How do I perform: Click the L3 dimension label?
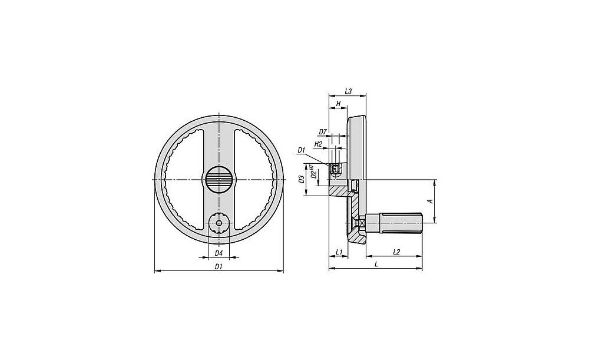(x=348, y=91)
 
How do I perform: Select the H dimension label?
(x=338, y=103)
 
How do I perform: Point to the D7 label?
(x=323, y=132)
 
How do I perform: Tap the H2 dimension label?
(x=318, y=144)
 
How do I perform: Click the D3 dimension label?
(x=301, y=180)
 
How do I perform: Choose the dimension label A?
(x=431, y=201)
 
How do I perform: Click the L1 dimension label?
(x=339, y=252)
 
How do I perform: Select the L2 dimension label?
(x=396, y=252)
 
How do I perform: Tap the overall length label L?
(x=376, y=264)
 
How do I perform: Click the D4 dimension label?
(x=219, y=253)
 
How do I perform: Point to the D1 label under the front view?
(x=219, y=266)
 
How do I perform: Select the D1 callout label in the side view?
(x=301, y=150)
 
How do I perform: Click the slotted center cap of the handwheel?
(x=219, y=180)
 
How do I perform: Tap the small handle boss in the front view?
(x=219, y=223)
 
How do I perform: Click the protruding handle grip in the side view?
(x=395, y=223)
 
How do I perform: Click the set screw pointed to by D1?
(x=335, y=170)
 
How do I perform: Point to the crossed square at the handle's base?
(x=362, y=223)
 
